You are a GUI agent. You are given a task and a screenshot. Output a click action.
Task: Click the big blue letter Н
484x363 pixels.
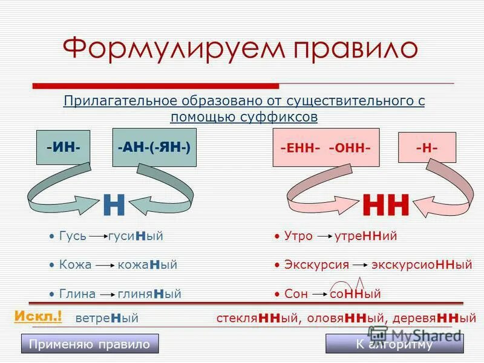[114, 206]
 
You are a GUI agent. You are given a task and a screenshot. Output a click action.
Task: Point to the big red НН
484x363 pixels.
[386, 206]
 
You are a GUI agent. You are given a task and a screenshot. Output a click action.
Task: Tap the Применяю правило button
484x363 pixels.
[90, 344]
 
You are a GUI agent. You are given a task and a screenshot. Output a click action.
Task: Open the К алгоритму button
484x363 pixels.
[394, 344]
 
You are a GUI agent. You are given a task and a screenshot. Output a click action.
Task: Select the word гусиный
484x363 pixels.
[136, 236]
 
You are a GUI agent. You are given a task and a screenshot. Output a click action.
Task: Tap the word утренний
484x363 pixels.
[365, 236]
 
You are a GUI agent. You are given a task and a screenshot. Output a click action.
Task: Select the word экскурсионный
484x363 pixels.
[421, 265]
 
